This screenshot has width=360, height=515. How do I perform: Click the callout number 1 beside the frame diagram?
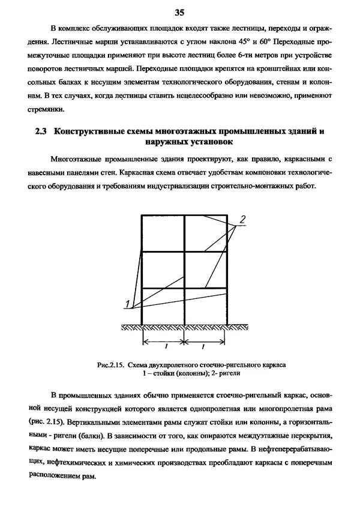click(x=128, y=301)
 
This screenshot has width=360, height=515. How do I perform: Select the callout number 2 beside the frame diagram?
click(x=241, y=220)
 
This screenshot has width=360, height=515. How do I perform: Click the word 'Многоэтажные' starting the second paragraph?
click(x=76, y=158)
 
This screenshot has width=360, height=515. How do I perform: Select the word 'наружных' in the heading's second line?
click(x=166, y=142)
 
